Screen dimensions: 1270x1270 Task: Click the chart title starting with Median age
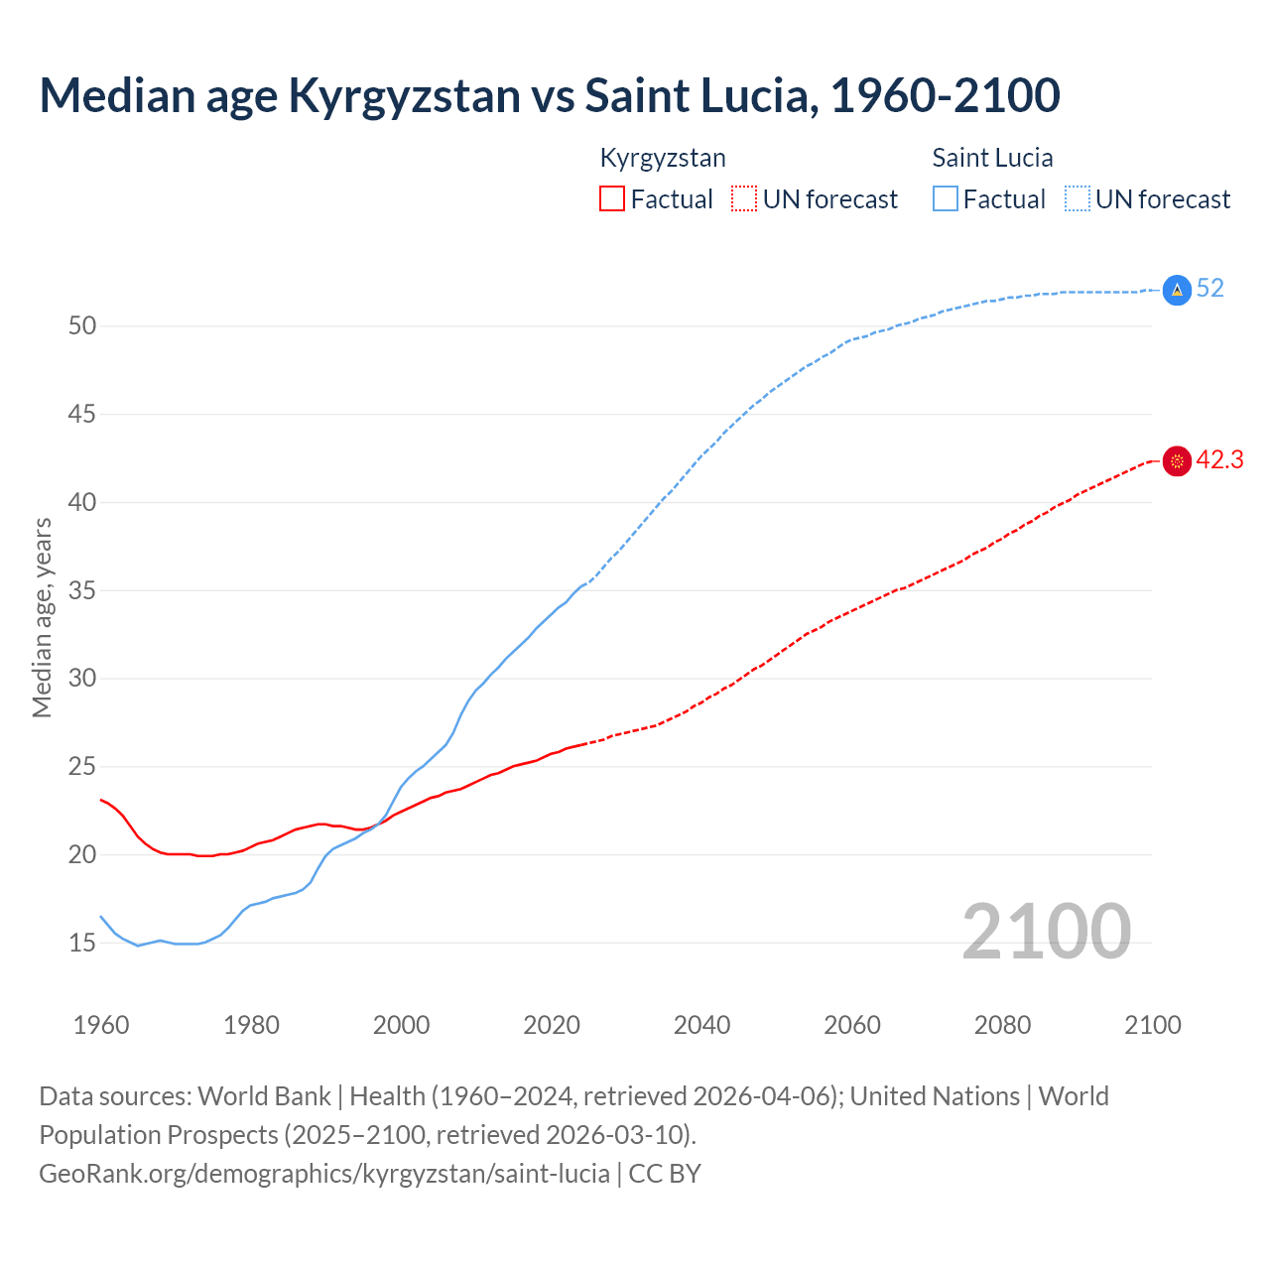[550, 95]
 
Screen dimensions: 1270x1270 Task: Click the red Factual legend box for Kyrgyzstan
[612, 198]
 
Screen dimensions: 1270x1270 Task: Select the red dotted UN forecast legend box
[744, 198]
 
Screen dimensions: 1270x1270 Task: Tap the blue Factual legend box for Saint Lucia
[946, 198]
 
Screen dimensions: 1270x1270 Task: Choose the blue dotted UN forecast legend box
[1078, 198]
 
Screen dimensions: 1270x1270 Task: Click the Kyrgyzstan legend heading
[663, 158]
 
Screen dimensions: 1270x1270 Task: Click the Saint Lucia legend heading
[992, 158]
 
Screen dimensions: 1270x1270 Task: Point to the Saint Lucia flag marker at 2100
[1177, 290]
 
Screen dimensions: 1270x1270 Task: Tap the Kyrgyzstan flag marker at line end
[1177, 461]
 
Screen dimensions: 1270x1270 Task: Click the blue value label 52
[1210, 289]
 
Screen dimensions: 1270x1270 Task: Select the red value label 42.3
[1219, 460]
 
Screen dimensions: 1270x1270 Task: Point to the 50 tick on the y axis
[81, 325]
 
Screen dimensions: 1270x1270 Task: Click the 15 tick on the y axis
[81, 943]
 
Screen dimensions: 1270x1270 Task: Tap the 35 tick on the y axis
[81, 590]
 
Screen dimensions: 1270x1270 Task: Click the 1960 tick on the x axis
[101, 1025]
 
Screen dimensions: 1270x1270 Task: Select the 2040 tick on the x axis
[701, 1025]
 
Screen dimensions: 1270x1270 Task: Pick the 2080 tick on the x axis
[1002, 1025]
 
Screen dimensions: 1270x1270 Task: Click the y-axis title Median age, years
[42, 617]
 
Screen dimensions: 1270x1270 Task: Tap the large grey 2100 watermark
[1046, 931]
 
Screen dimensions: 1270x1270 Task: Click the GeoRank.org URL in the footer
[324, 1174]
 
